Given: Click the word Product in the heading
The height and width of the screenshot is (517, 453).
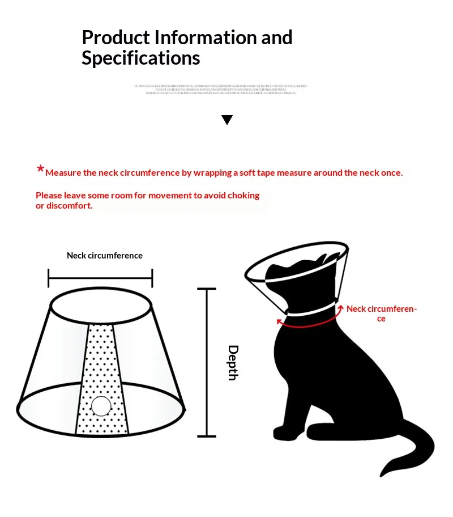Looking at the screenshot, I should click(116, 38).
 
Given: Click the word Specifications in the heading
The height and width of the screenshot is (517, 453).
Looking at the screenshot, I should click(140, 58).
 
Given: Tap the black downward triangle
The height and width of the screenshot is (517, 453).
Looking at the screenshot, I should click(227, 120).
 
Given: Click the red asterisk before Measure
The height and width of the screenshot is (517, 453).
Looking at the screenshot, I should click(40, 169).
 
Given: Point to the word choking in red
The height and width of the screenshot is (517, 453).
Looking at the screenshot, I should click(243, 196).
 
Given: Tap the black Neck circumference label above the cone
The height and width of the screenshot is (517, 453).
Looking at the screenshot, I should click(105, 256).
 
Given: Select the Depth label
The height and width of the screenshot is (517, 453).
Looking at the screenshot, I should click(233, 362).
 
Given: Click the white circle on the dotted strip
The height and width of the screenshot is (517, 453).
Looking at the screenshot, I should click(101, 406).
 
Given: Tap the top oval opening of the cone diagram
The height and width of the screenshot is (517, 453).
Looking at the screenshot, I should click(101, 307).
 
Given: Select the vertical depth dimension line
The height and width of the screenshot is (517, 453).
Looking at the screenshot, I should click(207, 363).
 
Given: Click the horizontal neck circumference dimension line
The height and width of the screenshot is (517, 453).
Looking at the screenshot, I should click(101, 278).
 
